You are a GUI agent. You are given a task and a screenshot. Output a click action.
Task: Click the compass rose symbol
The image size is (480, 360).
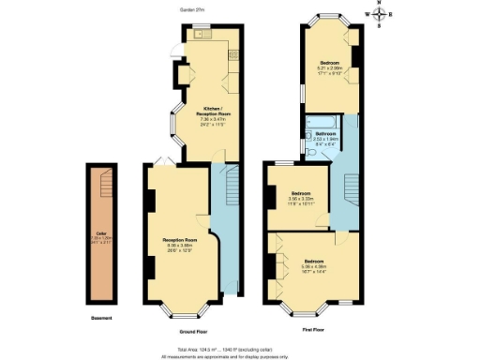(x=379, y=16)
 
